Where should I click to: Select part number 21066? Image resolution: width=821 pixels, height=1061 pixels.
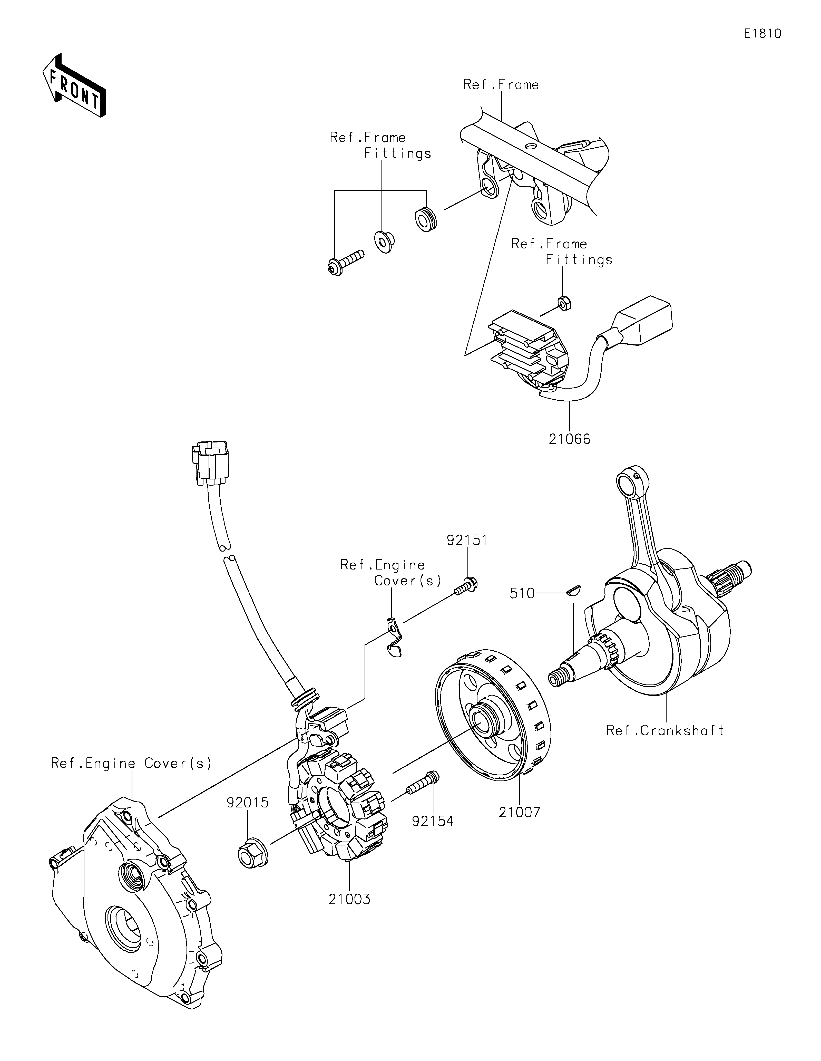[x=570, y=439]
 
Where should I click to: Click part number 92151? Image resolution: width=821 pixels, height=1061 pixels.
[x=467, y=540]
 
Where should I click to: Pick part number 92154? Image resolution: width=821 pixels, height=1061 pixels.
[x=433, y=821]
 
